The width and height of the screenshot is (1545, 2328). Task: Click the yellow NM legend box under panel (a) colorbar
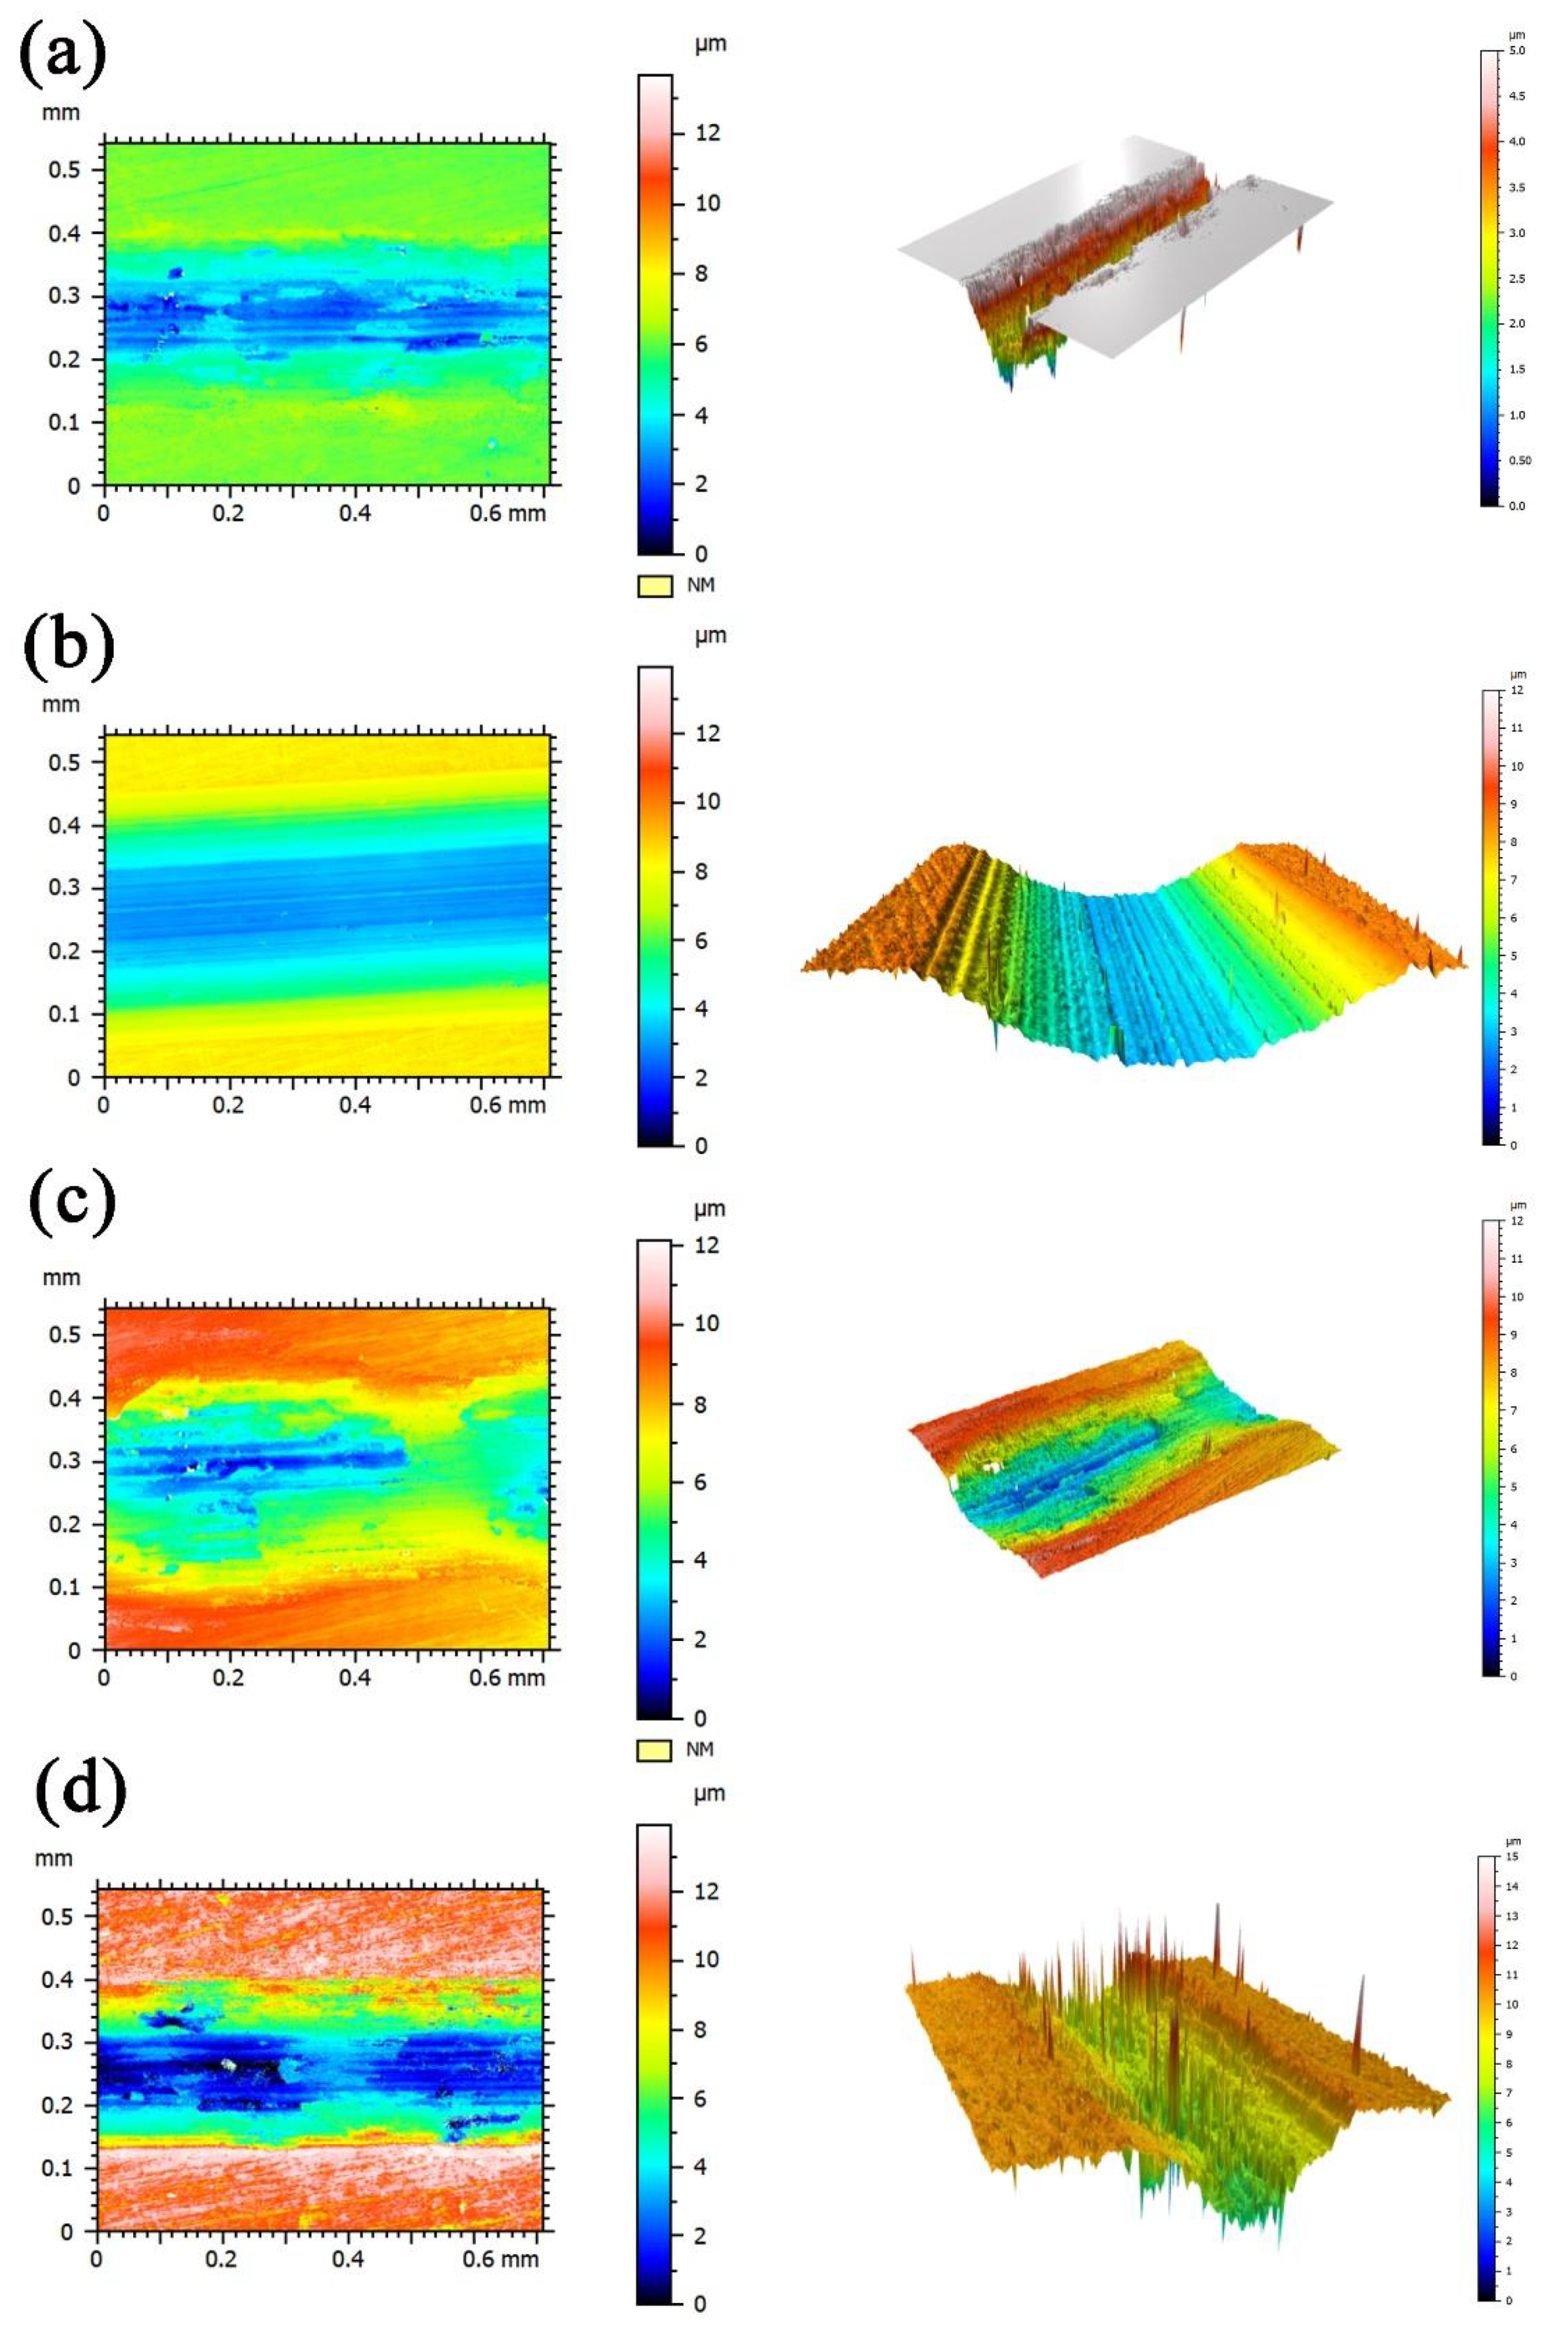[654, 586]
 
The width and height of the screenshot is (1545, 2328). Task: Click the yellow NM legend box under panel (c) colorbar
[654, 1750]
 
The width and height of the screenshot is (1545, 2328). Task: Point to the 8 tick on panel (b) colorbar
[701, 871]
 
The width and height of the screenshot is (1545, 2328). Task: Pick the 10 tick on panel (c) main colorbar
[706, 1323]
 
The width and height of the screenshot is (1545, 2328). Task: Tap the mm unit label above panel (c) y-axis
[61, 1277]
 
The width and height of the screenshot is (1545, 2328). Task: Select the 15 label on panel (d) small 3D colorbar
[1514, 1856]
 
